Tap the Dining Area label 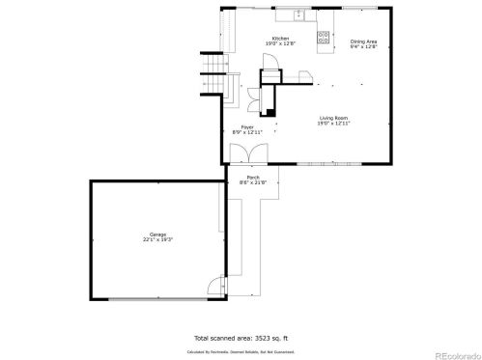[363, 41]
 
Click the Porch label [252, 178]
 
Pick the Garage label [157, 235]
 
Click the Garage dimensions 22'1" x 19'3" [157, 239]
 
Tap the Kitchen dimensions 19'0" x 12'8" [279, 44]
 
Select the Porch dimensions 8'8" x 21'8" [252, 183]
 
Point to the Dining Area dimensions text [363, 45]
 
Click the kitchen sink [298, 14]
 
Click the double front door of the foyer [250, 153]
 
